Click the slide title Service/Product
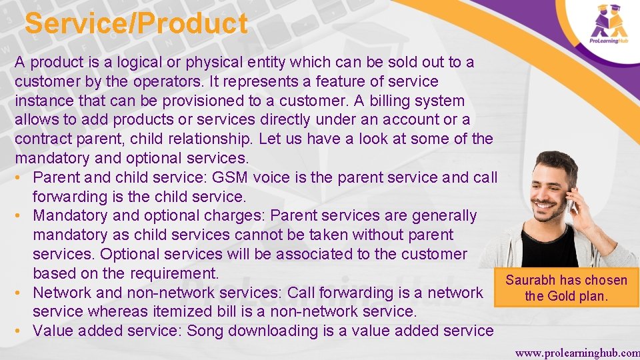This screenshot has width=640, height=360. point(136,24)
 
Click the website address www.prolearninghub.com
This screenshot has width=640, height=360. point(577,353)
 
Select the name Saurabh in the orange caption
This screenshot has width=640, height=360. point(531,280)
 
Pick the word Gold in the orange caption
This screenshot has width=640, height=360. point(564,296)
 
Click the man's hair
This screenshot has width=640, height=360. point(556,160)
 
